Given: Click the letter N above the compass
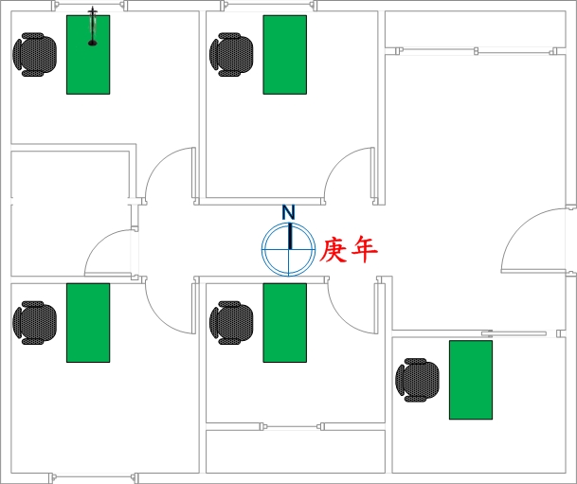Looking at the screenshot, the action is [x=288, y=212].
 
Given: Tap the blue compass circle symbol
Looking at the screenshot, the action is [x=288, y=249].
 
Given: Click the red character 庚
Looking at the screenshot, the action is [x=334, y=250].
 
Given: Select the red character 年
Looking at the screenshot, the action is [x=364, y=250].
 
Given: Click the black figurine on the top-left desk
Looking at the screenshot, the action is [x=92, y=27].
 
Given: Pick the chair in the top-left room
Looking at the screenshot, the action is [x=35, y=55].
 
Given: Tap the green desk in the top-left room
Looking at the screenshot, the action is [x=88, y=55].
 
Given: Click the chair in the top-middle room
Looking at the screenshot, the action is [x=231, y=55].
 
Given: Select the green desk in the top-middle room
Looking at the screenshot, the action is [x=285, y=55].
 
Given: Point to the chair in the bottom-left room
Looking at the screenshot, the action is [x=35, y=323].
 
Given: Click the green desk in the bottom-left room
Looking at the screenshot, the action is [x=88, y=323].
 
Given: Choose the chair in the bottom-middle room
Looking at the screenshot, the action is [x=231, y=323].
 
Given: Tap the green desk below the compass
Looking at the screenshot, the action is [x=285, y=323].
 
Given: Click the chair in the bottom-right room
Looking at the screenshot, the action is [x=417, y=380].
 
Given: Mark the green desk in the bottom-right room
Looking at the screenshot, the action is [x=471, y=380].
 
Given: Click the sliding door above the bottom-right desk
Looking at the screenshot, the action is [x=514, y=333].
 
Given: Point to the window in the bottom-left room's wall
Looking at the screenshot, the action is [x=94, y=477].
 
